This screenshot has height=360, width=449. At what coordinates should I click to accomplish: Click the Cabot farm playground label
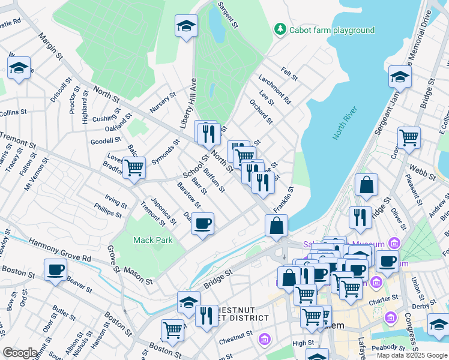[x=332, y=30]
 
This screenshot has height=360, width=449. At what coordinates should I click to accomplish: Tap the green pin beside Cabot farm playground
[x=280, y=29]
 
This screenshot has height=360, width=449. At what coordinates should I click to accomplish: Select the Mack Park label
[x=153, y=240]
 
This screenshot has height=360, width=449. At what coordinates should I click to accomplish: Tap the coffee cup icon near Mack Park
[x=202, y=224]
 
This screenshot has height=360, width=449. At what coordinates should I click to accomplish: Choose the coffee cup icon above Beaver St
[x=56, y=269]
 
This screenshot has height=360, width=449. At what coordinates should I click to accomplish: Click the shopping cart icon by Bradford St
[x=133, y=167]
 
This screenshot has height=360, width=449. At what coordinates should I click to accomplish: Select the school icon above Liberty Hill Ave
[x=186, y=26]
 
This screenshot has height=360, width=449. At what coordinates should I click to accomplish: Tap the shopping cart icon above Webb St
[x=409, y=137]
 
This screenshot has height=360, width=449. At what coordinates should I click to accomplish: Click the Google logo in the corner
[x=20, y=353]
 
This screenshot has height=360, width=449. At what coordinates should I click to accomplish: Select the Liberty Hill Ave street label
[x=188, y=103]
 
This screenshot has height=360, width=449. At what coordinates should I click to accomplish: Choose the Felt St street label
[x=289, y=75]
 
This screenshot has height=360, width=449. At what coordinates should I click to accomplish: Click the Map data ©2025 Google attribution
[x=411, y=355]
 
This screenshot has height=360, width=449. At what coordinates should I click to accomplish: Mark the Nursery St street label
[x=163, y=103]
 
